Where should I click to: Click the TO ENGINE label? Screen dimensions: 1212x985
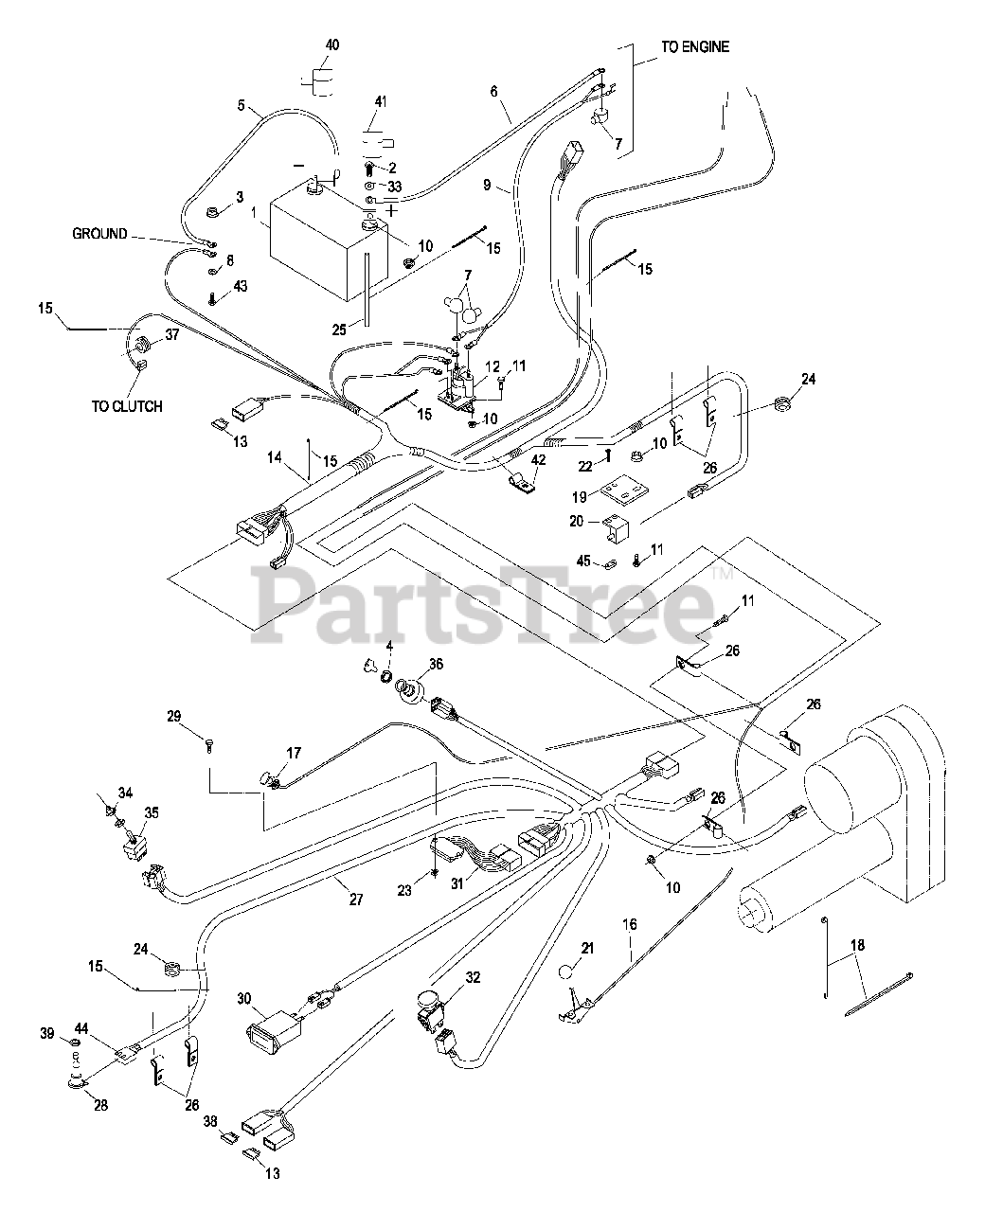[696, 46]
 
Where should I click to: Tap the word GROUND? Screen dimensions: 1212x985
[99, 234]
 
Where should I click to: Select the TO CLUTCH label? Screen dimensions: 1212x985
[127, 406]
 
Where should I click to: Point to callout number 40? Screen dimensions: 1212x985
[331, 45]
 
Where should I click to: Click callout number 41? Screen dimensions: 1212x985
[381, 101]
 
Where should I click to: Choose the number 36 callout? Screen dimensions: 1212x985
[436, 665]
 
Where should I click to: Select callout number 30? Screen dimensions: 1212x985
[245, 998]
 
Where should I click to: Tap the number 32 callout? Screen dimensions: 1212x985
[474, 977]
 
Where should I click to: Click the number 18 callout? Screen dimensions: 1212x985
[857, 944]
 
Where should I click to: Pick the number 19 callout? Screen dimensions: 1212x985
[577, 495]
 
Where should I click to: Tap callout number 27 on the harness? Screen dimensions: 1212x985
[356, 900]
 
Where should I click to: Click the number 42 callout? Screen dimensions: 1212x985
[539, 460]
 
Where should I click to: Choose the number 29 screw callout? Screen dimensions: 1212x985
[173, 716]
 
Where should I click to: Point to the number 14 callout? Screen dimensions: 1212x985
[275, 457]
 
